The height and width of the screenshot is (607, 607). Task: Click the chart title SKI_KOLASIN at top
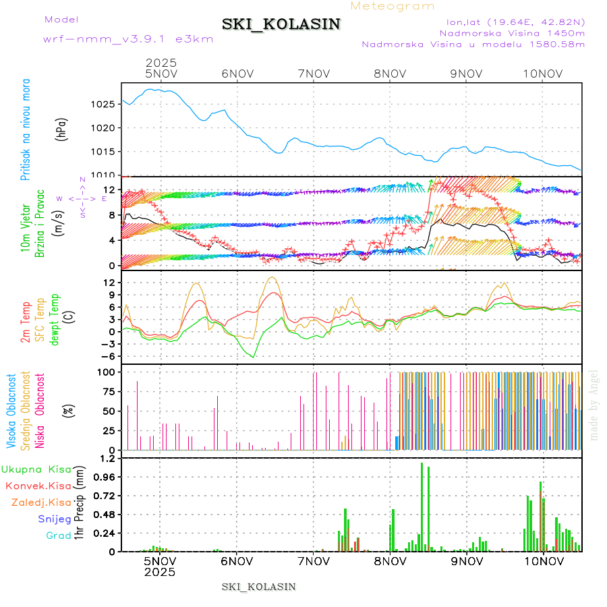coord(281,24)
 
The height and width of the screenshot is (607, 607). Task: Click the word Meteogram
coord(393,6)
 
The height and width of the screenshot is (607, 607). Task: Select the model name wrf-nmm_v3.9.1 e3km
coord(128,39)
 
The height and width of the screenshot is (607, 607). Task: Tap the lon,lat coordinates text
coord(511,22)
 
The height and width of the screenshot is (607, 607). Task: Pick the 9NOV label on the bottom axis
coord(467,560)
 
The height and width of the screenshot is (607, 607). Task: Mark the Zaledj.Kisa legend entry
coord(41,502)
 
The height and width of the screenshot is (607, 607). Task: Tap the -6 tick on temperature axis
coord(106,356)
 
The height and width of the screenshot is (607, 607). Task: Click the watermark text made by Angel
coord(594,405)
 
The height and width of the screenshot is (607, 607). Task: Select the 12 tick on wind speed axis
coord(107,190)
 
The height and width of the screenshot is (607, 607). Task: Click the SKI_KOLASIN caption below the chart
coord(258,586)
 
